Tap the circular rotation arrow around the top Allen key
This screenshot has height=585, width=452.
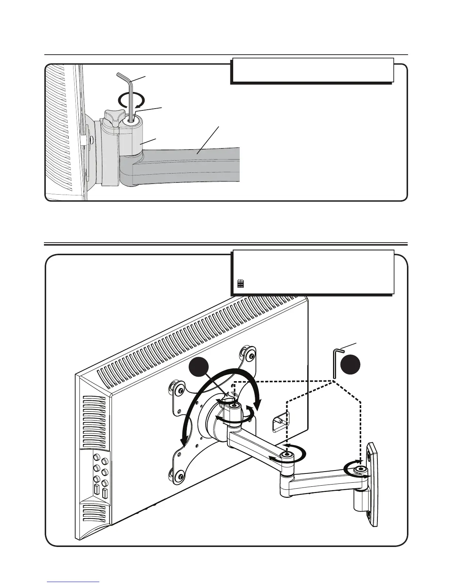[129, 100]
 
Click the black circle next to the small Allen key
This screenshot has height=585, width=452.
[350, 365]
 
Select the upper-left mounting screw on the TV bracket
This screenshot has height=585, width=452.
[180, 390]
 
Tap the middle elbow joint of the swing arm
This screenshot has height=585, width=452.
[287, 456]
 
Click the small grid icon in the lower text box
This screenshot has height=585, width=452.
[240, 284]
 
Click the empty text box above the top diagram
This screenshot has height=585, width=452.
[312, 70]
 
